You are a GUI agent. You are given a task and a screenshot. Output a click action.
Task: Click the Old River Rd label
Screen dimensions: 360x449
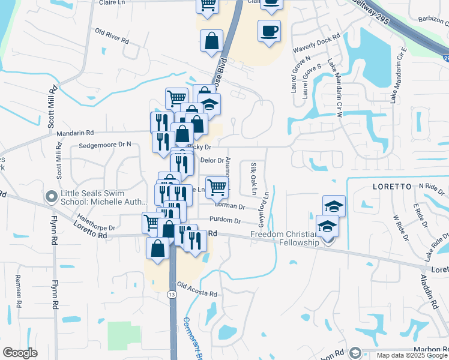point(112,36)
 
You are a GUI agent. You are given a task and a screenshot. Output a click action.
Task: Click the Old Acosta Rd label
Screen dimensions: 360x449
point(196,290)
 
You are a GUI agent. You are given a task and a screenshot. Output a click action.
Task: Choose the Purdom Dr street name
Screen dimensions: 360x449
point(224,221)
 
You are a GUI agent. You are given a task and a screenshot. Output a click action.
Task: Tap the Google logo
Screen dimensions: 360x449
point(20,353)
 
